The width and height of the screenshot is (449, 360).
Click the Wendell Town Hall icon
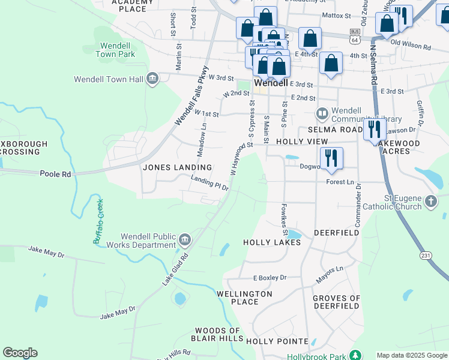(x=152, y=79)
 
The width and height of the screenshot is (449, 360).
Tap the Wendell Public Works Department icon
(x=185, y=241)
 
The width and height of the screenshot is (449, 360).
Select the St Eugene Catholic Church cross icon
(x=431, y=202)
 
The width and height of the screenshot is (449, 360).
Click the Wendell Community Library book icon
(x=322, y=113)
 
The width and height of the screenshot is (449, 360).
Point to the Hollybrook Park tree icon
(x=356, y=355)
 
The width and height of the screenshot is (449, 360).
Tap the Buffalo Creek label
(x=98, y=221)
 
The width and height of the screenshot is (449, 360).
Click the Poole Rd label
(x=55, y=173)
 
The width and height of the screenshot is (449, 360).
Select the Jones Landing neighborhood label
(x=177, y=167)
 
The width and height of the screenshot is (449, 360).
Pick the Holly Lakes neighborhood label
(x=271, y=242)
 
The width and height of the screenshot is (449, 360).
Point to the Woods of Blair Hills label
(x=217, y=335)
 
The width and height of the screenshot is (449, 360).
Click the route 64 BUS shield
(x=355, y=36)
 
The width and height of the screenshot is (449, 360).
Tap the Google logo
(x=20, y=353)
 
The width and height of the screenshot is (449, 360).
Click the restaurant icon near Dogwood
(x=331, y=158)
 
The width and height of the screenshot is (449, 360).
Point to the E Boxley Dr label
(x=270, y=278)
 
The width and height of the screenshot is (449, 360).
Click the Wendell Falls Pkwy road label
(x=191, y=95)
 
